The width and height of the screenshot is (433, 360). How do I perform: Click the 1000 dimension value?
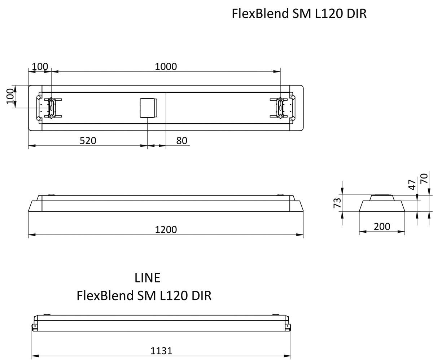point(166,67)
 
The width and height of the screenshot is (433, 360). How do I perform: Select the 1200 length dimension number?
point(166,229)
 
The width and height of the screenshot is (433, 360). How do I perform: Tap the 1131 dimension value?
point(161,350)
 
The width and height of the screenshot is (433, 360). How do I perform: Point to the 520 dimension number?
point(88,141)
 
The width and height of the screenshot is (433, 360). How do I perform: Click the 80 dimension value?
point(181,141)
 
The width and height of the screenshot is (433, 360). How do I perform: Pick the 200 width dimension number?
point(382,227)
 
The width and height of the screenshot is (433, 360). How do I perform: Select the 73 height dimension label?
point(337,203)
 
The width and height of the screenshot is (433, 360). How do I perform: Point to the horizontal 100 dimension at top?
point(40,67)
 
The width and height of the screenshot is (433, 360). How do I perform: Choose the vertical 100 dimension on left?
point(10,96)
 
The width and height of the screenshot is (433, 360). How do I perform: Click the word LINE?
point(147,278)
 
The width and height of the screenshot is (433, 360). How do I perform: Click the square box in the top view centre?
point(148,107)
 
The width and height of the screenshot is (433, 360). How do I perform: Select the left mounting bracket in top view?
point(52,107)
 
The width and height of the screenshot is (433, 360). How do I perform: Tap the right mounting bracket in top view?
point(279,107)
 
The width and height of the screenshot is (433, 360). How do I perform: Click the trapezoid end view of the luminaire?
point(382,205)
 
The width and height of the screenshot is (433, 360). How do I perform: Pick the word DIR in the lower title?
point(201,295)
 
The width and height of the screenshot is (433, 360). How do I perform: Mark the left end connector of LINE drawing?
point(35,326)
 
